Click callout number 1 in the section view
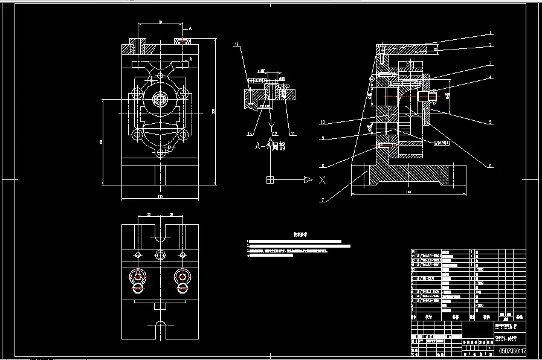pyautogui.click(x=491, y=33)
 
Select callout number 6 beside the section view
pyautogui.click(x=491, y=166)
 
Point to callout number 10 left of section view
pyautogui.click(x=323, y=123)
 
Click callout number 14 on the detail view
pyautogui.click(x=237, y=45)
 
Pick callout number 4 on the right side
pyautogui.click(x=491, y=77)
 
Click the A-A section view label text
pyautogui.click(x=270, y=146)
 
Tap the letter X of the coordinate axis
pyautogui.click(x=323, y=179)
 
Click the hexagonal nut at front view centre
pyautogui.click(x=160, y=98)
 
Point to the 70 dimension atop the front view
pyautogui.click(x=160, y=22)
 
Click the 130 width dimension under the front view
pyautogui.click(x=160, y=197)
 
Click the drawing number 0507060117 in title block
pyautogui.click(x=512, y=351)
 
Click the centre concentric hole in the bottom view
pyautogui.click(x=160, y=254)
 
